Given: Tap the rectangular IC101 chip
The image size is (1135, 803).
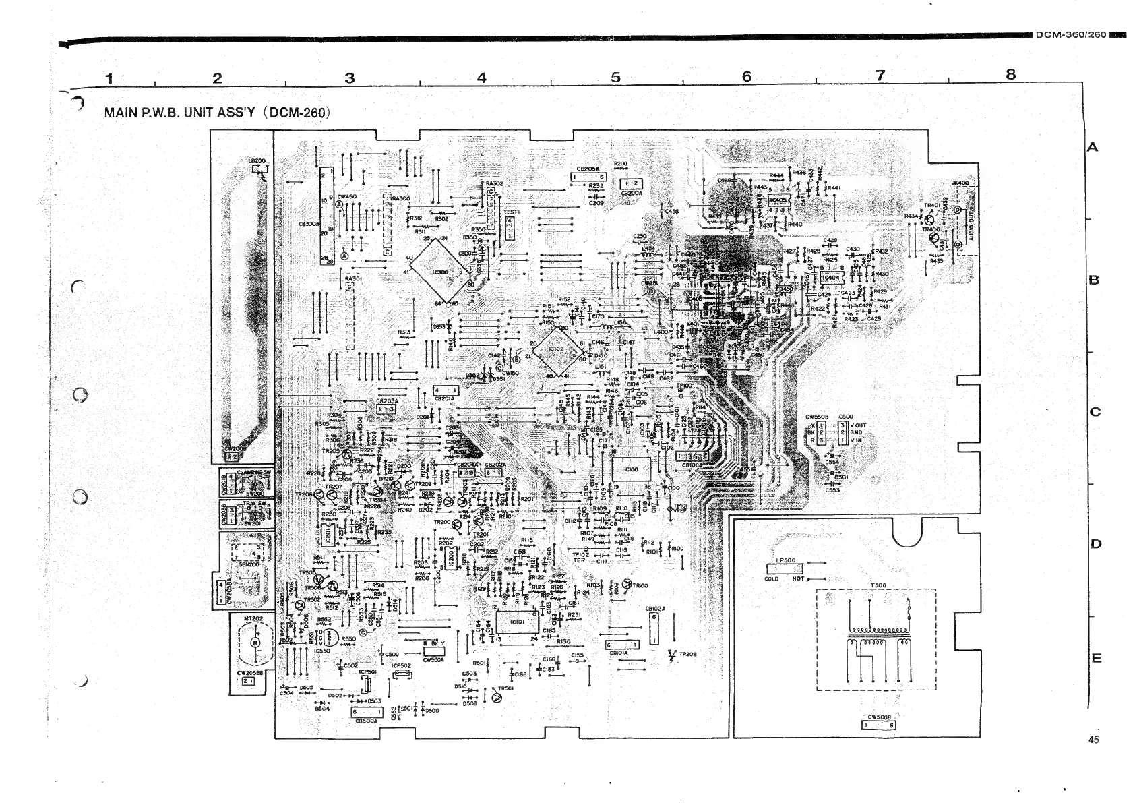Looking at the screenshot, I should [518, 622].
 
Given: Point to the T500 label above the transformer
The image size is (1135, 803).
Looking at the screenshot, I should [878, 585].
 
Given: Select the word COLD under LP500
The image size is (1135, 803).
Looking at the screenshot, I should [772, 579].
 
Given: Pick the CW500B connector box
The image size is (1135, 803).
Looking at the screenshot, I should [879, 725].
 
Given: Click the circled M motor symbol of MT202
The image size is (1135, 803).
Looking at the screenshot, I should [255, 642].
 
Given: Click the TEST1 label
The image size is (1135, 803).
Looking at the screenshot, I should [511, 212].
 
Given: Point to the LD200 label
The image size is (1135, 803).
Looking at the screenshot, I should [256, 161].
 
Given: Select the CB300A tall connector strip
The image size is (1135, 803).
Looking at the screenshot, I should [327, 216].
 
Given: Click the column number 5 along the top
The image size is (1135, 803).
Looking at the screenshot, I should [615, 78].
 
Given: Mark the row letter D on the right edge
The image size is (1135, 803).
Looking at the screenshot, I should [1095, 544].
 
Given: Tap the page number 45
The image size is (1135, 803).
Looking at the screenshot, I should [1093, 740].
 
